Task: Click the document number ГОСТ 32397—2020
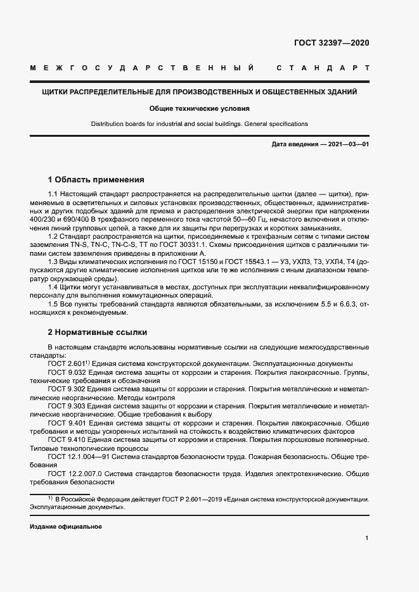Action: pos(331,43)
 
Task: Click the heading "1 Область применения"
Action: pos(96,179)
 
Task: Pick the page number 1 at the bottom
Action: pos(367,538)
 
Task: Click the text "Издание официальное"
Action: pos(65,527)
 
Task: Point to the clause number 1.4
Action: pos(53,287)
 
